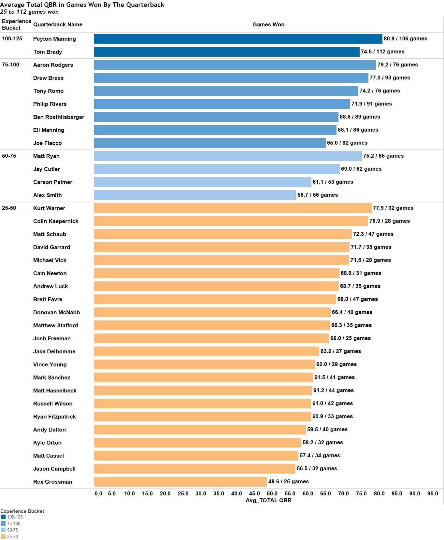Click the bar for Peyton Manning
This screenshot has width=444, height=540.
pos(238,39)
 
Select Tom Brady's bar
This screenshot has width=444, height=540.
pos(227,52)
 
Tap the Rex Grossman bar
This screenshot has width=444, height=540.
pos(180,482)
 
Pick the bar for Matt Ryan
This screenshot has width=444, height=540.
pos(228,156)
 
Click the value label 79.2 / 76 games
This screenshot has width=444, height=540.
pos(397,65)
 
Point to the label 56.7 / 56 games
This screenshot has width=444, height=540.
pos(317,195)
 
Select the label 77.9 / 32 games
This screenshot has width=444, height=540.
pos(393,208)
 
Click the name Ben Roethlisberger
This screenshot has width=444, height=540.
pos(59,117)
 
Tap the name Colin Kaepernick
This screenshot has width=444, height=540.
pos(56,221)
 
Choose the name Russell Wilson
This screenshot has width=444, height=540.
pos(53,404)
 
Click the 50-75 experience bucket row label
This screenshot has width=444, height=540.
pos(9,156)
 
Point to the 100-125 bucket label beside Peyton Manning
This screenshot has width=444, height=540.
pos(12,39)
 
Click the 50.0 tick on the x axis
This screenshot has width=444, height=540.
pos(272,493)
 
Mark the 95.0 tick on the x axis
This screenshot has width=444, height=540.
pos(432,493)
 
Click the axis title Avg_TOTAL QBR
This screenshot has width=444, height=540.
pos(268,501)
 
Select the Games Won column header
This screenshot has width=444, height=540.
pos(268,25)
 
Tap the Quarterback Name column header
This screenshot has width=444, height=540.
pos(58,25)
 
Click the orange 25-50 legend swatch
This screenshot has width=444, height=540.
pos(3,536)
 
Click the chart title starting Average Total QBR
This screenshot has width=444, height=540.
pos(82,5)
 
